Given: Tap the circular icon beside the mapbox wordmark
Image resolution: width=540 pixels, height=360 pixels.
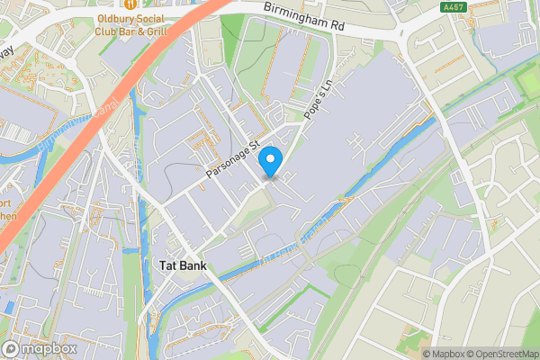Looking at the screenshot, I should [x=12, y=348].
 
